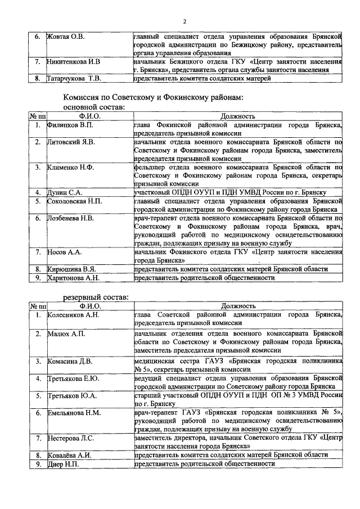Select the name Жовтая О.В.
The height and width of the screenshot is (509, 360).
click(65, 37)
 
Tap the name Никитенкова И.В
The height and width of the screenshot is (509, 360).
click(74, 62)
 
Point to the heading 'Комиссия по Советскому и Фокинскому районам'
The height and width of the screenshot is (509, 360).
click(152, 97)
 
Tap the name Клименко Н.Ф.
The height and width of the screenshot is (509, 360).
click(70, 167)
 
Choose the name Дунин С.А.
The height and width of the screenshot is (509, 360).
click(65, 192)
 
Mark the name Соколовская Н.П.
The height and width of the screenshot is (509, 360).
click(75, 201)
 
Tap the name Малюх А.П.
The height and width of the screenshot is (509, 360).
click(65, 334)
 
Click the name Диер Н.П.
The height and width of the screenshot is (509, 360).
click(62, 464)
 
